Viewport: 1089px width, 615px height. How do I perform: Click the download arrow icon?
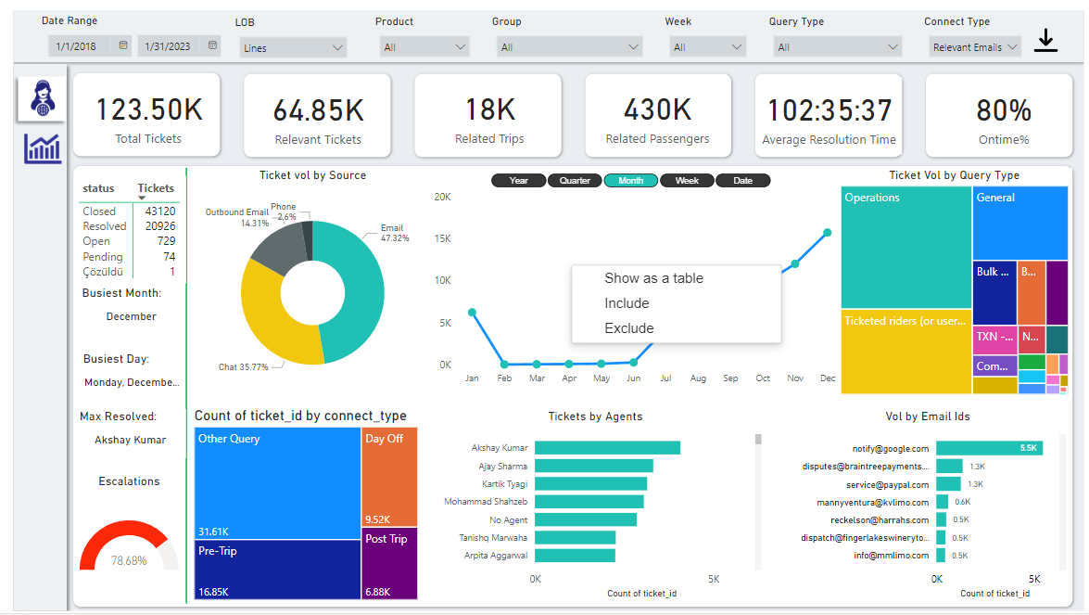[x=1045, y=40]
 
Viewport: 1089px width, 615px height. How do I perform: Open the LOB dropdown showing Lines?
[x=293, y=47]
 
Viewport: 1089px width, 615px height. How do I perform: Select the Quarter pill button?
[x=575, y=181]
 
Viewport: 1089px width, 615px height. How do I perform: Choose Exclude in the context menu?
[x=628, y=328]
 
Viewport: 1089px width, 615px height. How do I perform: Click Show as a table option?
[x=653, y=278]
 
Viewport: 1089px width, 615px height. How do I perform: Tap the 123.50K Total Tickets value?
[x=149, y=109]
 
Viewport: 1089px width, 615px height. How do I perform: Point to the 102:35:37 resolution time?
[x=829, y=110]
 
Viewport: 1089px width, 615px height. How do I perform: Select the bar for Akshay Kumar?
[x=607, y=448]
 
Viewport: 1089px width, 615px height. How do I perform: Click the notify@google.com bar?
[x=989, y=448]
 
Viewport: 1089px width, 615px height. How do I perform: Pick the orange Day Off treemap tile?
[x=389, y=477]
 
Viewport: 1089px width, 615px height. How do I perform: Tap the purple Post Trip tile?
[x=389, y=563]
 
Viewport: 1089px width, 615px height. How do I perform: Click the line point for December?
[x=828, y=233]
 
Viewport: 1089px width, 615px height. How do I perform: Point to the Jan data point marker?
[x=472, y=313]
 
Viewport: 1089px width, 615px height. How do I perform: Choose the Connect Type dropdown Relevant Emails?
[x=974, y=47]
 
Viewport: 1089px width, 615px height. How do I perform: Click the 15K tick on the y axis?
[x=443, y=238]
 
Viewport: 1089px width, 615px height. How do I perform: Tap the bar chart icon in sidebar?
[x=43, y=148]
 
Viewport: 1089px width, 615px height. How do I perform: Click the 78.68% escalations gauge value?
[x=129, y=561]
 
